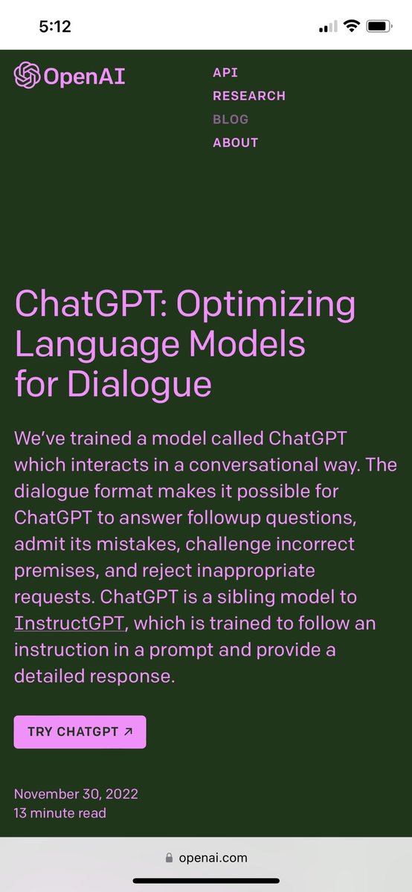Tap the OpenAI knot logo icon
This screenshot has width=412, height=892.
[x=27, y=75]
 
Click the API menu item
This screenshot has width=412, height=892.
[x=225, y=73]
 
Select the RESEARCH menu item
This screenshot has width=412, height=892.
[x=249, y=96]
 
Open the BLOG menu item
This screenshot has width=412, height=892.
[x=231, y=119]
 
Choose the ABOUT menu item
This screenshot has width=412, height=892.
[x=236, y=143]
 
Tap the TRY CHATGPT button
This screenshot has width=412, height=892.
[x=80, y=732]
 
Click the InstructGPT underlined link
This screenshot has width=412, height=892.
[x=67, y=623]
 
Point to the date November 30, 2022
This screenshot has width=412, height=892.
[x=76, y=794]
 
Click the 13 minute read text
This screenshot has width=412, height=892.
[x=60, y=813]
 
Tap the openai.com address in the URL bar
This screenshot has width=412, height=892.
[x=213, y=857]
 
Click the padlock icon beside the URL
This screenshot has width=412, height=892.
[x=170, y=857]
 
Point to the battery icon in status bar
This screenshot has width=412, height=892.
[x=379, y=27]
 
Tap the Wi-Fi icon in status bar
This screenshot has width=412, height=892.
[x=350, y=27]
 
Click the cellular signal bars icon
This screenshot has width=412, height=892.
[x=327, y=28]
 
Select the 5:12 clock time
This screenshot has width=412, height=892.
[x=55, y=27]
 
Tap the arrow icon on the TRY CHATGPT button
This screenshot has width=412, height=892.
[x=128, y=732]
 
